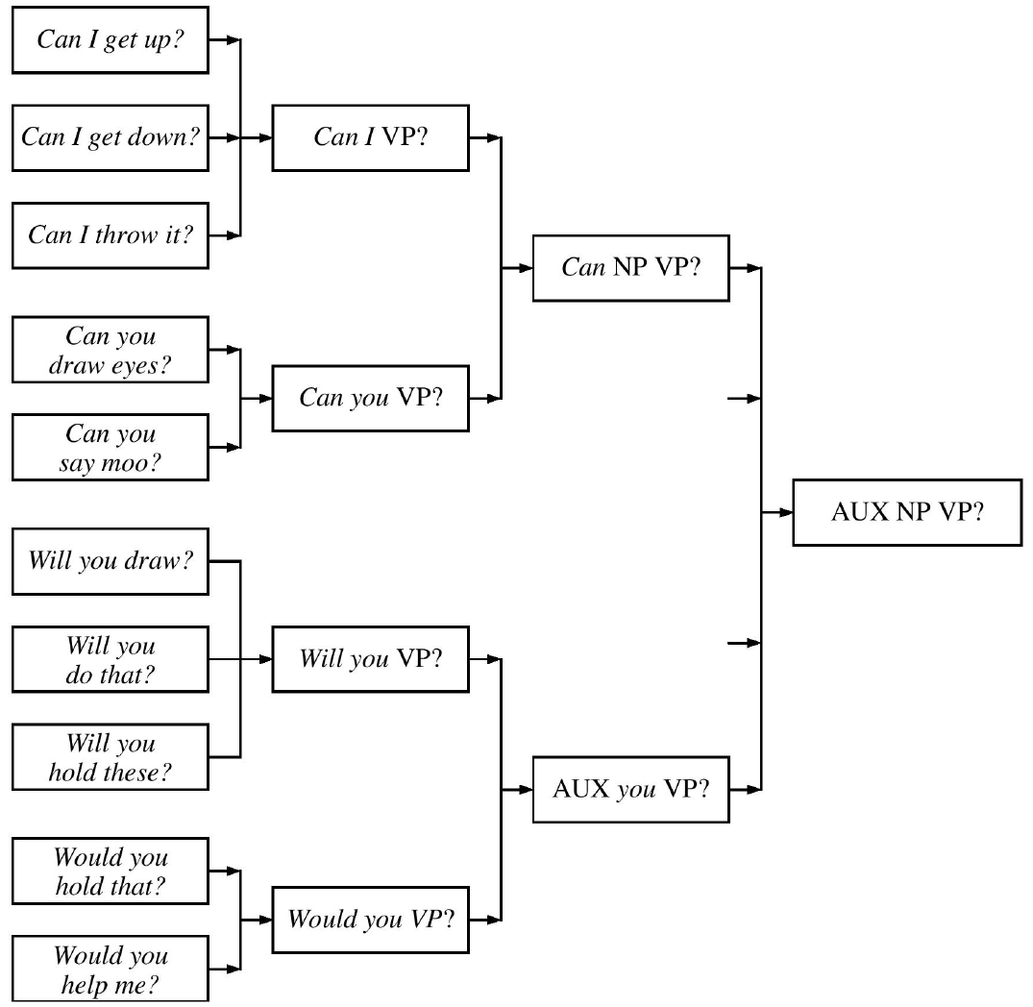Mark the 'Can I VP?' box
pos(371,137)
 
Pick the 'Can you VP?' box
pos(371,397)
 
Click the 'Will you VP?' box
pos(371,660)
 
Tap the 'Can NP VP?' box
pos(631,268)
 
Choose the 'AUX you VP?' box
pos(631,790)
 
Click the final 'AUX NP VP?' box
pos(907,513)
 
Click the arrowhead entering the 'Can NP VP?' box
pos(526,268)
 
